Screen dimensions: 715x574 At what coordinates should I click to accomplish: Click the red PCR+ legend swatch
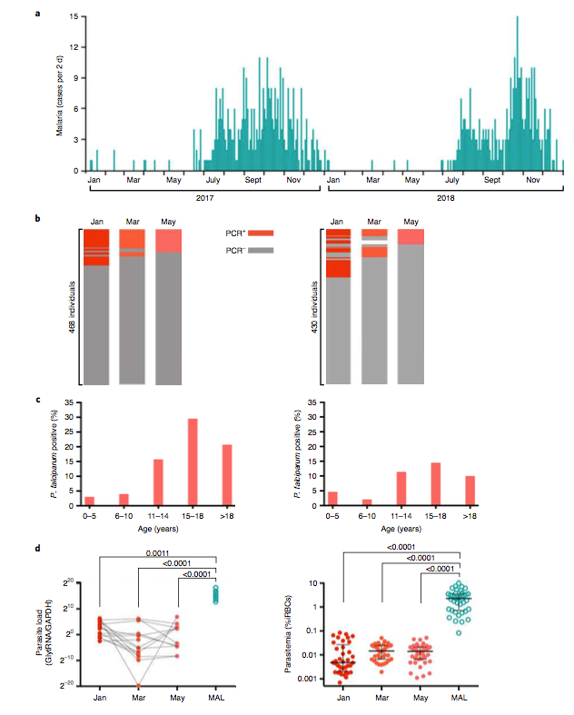(x=260, y=233)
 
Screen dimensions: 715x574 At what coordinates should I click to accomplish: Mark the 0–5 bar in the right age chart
(x=332, y=499)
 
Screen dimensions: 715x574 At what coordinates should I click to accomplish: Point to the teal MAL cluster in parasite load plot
(x=215, y=594)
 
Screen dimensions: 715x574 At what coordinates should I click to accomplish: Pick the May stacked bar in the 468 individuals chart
(x=168, y=307)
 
